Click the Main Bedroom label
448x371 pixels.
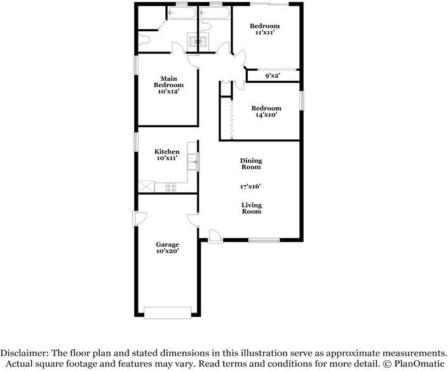[168, 82]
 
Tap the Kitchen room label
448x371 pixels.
[167, 151]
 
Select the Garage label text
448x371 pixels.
[167, 244]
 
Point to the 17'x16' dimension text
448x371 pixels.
[250, 186]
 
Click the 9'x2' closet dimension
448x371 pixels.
[272, 76]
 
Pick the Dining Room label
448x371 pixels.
[251, 164]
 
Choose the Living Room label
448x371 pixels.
[252, 208]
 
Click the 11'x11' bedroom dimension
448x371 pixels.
[265, 32]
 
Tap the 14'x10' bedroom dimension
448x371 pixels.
[266, 115]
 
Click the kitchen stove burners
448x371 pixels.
[171, 187]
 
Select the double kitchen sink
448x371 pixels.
[192, 162]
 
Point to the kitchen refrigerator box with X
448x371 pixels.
[146, 186]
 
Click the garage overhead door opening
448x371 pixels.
[167, 312]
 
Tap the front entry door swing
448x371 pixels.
[214, 235]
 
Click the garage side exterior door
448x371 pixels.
[139, 218]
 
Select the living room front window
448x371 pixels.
[264, 241]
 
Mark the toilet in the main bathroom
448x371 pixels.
[144, 39]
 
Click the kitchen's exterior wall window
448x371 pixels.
[136, 142]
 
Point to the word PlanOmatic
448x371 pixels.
[419, 364]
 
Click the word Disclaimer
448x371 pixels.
[24, 353]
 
